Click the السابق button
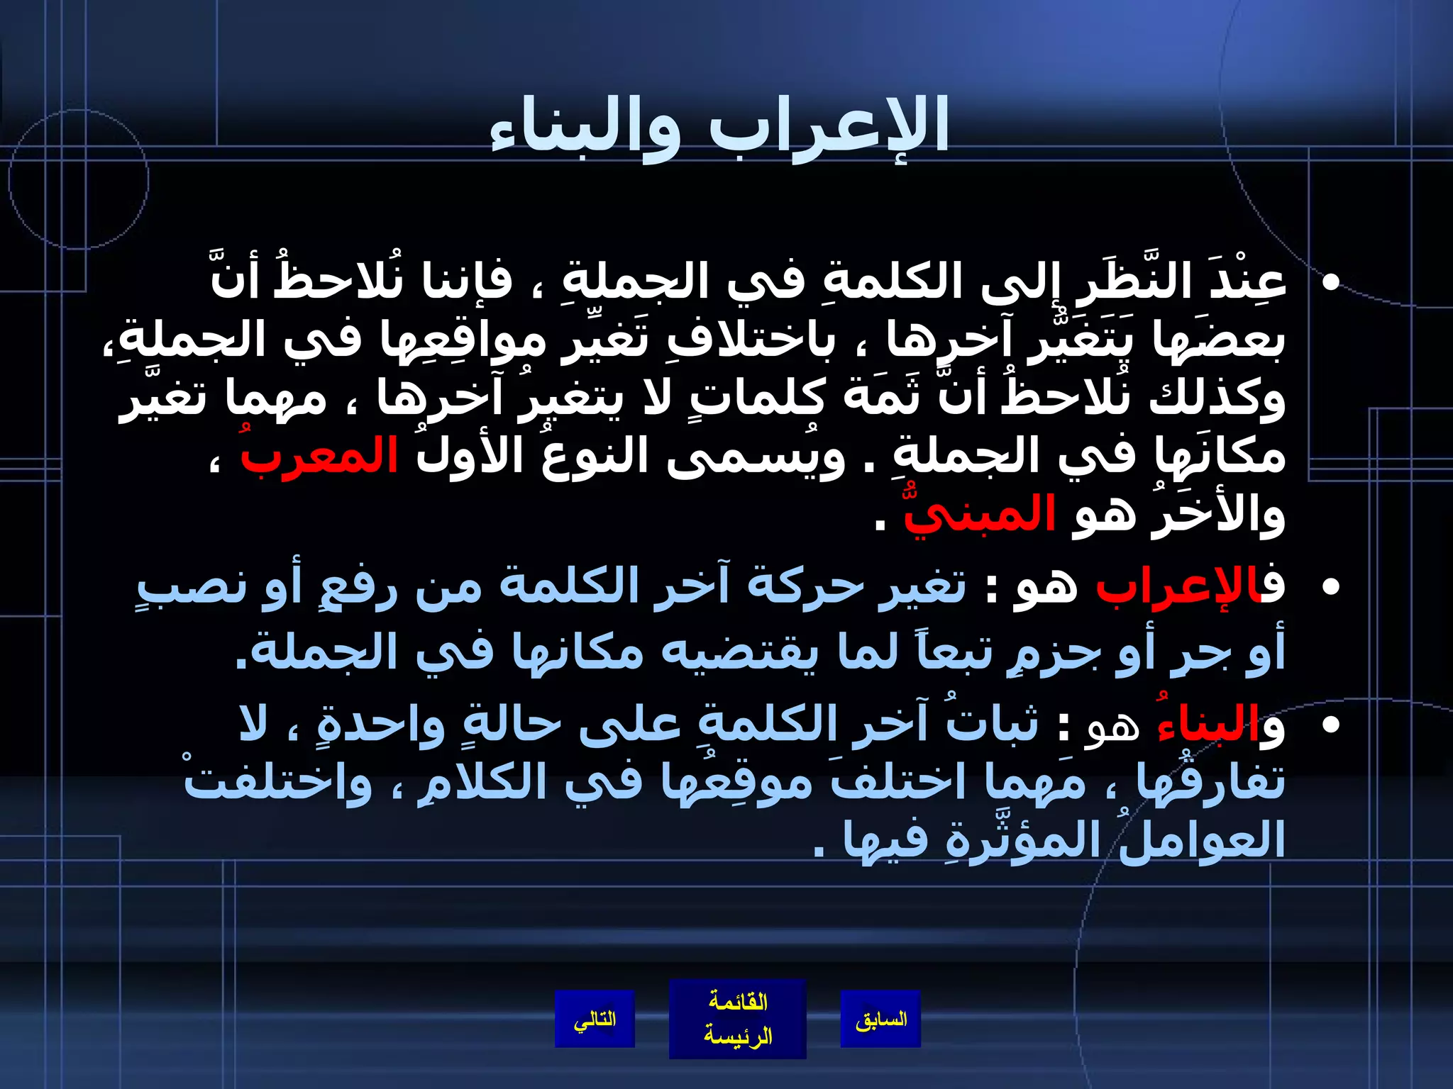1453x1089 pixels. click(x=880, y=1019)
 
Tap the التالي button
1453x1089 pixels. click(x=595, y=1019)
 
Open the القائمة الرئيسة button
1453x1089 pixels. click(x=737, y=1019)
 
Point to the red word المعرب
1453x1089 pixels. click(x=319, y=456)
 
